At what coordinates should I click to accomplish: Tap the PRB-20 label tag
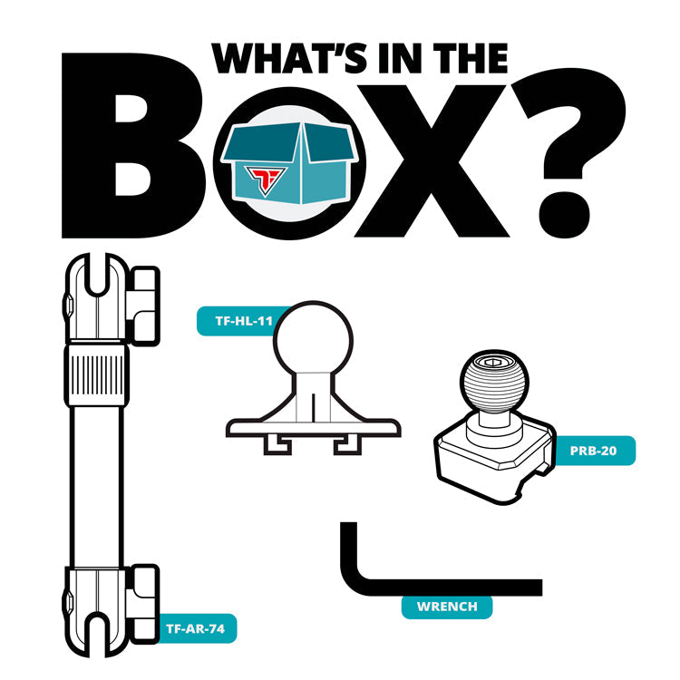coord(593,451)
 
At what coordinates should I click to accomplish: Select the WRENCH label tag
coord(447,607)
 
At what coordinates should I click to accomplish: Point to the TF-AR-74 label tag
coord(196,628)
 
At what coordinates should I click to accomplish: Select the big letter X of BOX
coord(432,161)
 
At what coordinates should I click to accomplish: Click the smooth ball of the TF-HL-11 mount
coord(313,338)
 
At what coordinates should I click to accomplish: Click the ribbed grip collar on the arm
coord(97,375)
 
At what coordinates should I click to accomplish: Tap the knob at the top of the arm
coord(144,306)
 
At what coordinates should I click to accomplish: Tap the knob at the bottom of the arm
coord(144,604)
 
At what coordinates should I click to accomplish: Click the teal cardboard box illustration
coord(288,162)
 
